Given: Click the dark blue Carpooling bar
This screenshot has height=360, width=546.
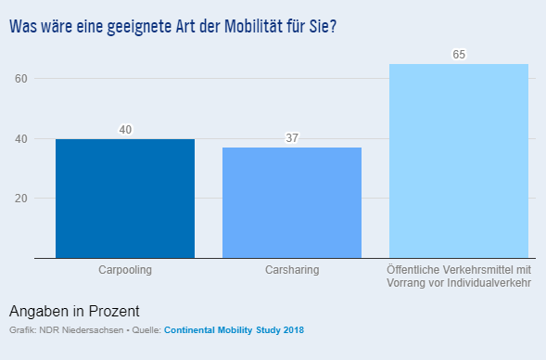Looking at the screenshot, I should point(125,199).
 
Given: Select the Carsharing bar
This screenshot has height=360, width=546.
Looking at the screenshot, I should point(292,202).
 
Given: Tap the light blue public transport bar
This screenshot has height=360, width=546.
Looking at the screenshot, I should point(459,161).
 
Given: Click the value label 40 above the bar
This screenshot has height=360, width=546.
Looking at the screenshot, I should point(125,129).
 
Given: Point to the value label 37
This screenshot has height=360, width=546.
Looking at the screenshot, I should point(292,138).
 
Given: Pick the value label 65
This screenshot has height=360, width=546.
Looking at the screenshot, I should point(459,55).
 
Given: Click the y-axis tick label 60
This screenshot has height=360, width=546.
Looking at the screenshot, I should point(20,79).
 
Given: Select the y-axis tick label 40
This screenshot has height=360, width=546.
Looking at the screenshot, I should point(20,139).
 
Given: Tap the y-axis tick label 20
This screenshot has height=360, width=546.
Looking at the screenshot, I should point(20,199).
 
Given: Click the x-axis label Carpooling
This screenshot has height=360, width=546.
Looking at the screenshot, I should point(125,270).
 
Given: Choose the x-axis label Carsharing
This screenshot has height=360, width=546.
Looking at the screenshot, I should point(292,270).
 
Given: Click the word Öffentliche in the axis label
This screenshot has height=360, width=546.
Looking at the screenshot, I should point(413,270).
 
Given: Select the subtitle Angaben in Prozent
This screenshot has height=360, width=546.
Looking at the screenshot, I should point(74,311).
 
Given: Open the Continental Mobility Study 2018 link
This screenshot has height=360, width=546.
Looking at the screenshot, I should point(234,330).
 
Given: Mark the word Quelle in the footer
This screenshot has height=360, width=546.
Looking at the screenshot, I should point(144,330).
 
